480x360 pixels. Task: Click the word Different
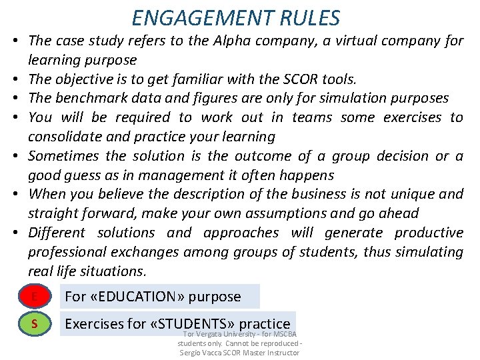[57, 233]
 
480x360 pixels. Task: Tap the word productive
[429, 233]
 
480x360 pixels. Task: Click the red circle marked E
[33, 296]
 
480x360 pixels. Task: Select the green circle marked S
[33, 325]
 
